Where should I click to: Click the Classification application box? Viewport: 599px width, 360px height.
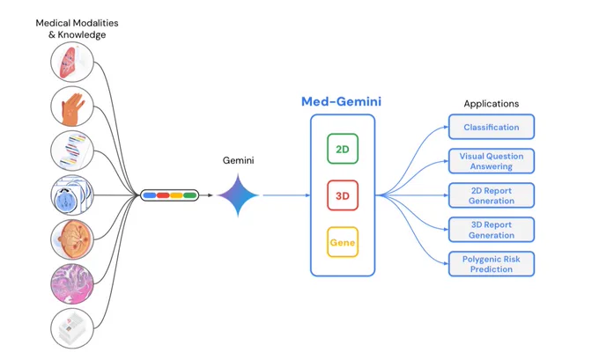pyautogui.click(x=492, y=127)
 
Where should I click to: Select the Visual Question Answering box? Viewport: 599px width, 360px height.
pyautogui.click(x=492, y=161)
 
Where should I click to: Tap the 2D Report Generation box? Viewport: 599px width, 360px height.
pyautogui.click(x=492, y=195)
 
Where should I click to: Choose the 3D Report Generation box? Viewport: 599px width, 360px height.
pyautogui.click(x=492, y=230)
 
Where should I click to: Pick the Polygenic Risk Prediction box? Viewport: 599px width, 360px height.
pyautogui.click(x=492, y=264)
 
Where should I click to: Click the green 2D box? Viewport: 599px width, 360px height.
pyautogui.click(x=343, y=149)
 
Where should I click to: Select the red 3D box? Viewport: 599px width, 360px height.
pyautogui.click(x=343, y=195)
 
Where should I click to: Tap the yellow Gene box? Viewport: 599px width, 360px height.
pyautogui.click(x=343, y=242)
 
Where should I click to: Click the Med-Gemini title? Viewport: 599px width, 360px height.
pyautogui.click(x=341, y=101)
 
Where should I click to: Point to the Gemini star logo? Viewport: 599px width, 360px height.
pyautogui.click(x=238, y=195)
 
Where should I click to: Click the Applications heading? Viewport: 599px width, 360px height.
pyautogui.click(x=492, y=104)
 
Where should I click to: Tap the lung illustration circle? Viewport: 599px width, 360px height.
pyautogui.click(x=72, y=62)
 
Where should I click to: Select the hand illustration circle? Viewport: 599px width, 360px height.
pyautogui.click(x=72, y=107)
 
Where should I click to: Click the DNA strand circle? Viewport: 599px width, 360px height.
pyautogui.click(x=72, y=151)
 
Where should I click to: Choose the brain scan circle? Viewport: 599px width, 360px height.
pyautogui.click(x=72, y=195)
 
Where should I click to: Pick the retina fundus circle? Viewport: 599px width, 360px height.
pyautogui.click(x=72, y=239)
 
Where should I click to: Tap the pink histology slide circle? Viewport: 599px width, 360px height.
pyautogui.click(x=72, y=284)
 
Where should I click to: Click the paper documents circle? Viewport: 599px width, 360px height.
pyautogui.click(x=72, y=328)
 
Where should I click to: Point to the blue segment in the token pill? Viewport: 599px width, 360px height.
pyautogui.click(x=150, y=195)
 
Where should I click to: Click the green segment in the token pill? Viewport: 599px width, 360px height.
pyautogui.click(x=190, y=195)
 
